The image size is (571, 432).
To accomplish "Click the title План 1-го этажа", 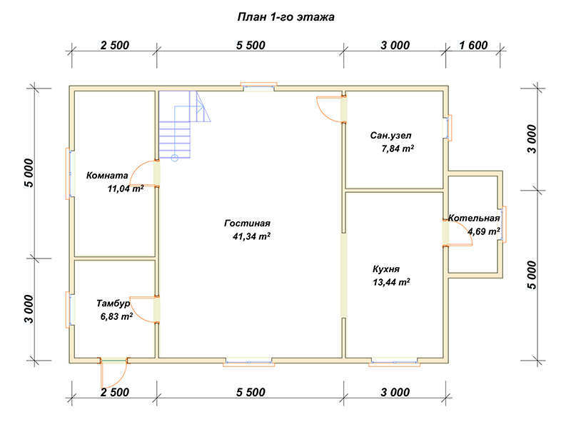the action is tap(286, 17).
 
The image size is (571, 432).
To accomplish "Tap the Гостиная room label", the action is tap(247, 223).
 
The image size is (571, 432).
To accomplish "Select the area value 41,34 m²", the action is tap(251, 236).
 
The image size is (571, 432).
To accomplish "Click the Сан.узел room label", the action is tap(390, 136).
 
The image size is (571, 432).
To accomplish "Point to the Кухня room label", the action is tap(386, 269).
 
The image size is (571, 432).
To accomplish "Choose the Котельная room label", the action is tap(474, 218).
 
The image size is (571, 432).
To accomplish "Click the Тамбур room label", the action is tap(113, 303).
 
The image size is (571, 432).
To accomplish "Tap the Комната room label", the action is tap(107, 176).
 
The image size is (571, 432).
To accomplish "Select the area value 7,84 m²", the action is tap(398, 149).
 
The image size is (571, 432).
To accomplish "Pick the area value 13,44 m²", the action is tap(391, 282).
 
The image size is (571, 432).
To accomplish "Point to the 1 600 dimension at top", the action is tap(473, 45).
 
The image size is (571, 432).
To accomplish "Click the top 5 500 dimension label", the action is tap(251, 45).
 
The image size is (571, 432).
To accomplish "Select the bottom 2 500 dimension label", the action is tap(115, 392).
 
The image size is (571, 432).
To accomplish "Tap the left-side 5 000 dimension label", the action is tap(29, 173).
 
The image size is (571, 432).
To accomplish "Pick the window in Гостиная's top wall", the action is tap(258, 86).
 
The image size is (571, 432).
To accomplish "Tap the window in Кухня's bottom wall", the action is tap(395, 362).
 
